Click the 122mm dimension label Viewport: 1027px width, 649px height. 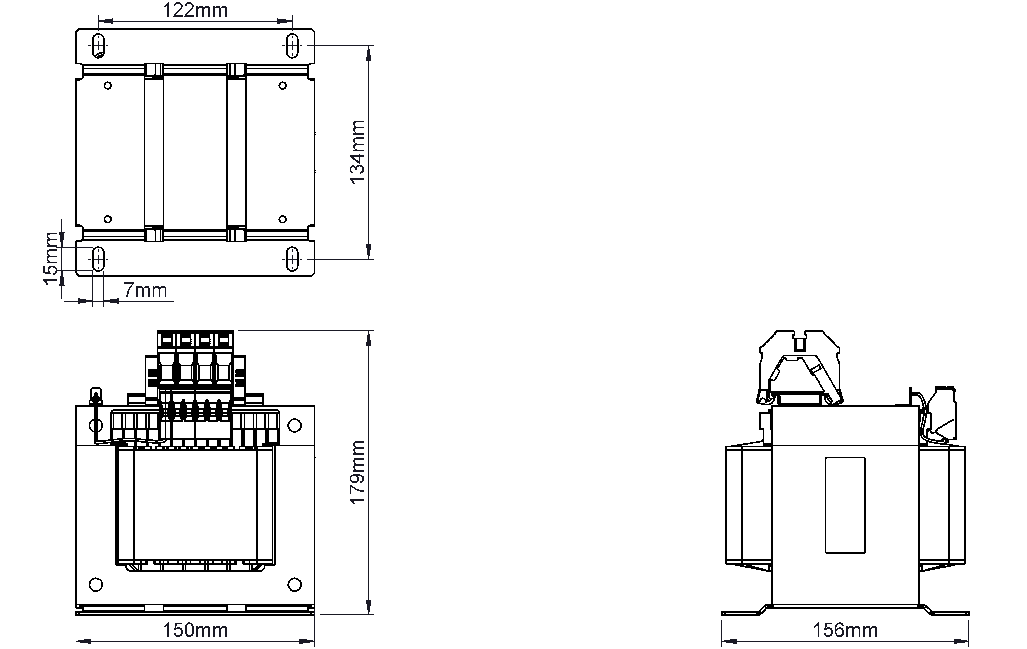click(195, 10)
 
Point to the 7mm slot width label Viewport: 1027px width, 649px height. click(146, 290)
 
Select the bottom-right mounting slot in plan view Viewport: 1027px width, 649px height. click(292, 259)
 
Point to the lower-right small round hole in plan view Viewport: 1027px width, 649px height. click(282, 219)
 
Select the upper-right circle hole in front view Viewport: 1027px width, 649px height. click(295, 425)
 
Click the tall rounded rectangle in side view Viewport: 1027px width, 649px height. click(845, 505)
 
